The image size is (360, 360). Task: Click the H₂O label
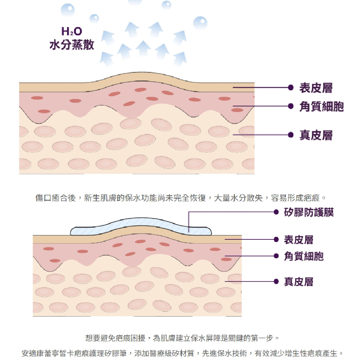coord(71,32)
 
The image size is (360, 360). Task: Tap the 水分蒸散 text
coord(72,45)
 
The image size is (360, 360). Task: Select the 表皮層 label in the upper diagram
coord(316,87)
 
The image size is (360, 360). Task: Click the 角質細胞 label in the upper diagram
coord(321,107)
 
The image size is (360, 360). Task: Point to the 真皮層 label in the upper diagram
coord(316,135)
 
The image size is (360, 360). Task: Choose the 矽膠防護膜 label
coord(309,212)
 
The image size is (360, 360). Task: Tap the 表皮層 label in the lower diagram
coord(298,239)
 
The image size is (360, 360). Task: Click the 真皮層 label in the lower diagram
coord(298,282)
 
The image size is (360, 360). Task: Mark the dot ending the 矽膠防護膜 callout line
coord(276,212)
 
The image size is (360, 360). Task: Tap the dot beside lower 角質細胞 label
coord(276,256)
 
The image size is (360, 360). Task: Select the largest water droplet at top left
coord(68,10)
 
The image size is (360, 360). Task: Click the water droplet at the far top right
coord(200,23)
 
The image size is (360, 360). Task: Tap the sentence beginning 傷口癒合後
coord(180,198)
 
